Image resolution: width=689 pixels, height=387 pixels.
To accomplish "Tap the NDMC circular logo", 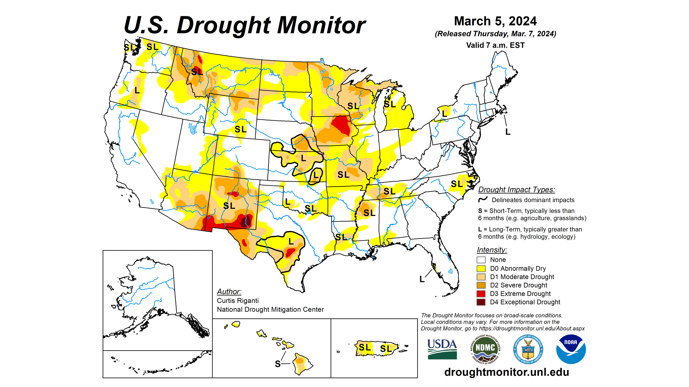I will (x=485, y=349).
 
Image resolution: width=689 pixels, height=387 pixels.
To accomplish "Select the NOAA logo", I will (x=571, y=349).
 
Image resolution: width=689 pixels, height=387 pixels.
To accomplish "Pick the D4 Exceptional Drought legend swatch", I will (x=481, y=302).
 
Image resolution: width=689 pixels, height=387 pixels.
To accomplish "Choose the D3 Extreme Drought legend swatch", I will (x=481, y=293).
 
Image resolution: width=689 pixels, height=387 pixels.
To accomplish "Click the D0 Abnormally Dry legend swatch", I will (x=481, y=268).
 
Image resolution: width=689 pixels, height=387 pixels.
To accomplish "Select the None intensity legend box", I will (x=481, y=260).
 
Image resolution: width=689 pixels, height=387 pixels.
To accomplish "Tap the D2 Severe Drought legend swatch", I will (x=481, y=285).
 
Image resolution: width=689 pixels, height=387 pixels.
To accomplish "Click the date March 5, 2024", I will (x=495, y=21).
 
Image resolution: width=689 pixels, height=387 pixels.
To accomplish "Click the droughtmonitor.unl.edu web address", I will (x=507, y=372).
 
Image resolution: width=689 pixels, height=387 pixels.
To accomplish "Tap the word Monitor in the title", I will (x=321, y=25).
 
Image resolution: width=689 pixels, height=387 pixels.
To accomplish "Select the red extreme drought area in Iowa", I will (x=341, y=125).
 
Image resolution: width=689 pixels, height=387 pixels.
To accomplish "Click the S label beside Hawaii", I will (x=278, y=364).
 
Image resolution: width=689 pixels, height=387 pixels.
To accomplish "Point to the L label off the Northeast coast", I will (x=508, y=132).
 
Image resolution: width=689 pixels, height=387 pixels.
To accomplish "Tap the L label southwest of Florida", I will (x=422, y=279).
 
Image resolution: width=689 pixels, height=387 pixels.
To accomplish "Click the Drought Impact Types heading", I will (x=516, y=189).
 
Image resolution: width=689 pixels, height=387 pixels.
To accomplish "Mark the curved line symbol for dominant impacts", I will (x=483, y=199).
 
